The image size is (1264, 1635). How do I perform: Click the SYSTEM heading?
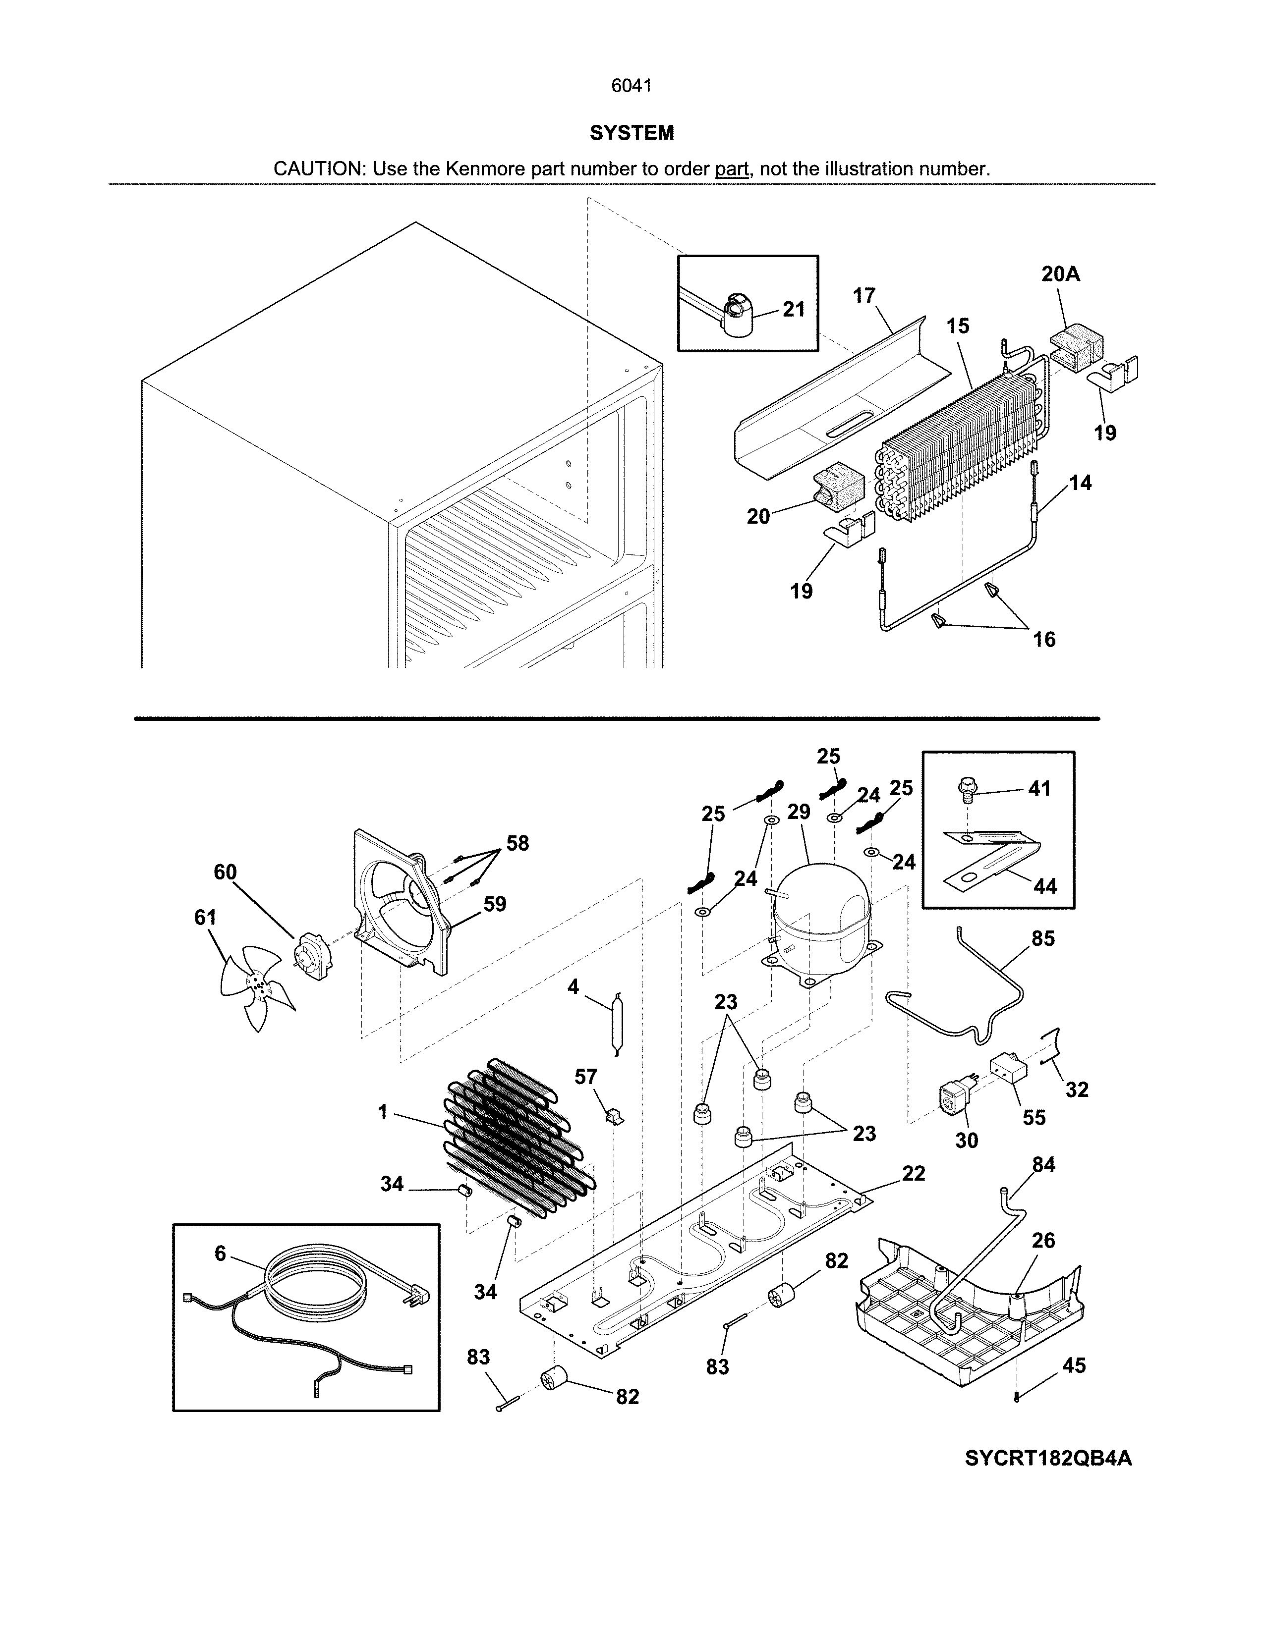click(x=631, y=133)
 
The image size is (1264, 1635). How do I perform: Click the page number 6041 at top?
click(x=631, y=86)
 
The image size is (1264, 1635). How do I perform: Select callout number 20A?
click(x=1060, y=275)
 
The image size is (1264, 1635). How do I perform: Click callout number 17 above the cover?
click(x=863, y=296)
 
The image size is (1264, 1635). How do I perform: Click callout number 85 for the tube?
click(x=1042, y=939)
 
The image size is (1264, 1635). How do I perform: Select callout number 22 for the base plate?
click(x=914, y=1173)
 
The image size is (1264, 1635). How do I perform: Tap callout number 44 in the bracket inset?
click(x=1044, y=886)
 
